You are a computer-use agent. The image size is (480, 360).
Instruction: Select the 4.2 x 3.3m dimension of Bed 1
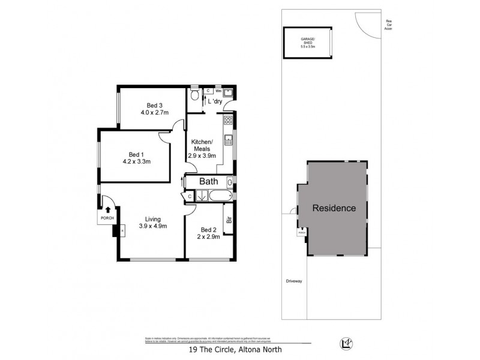coord(136,161)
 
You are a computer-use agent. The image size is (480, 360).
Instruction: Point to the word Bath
coord(208,181)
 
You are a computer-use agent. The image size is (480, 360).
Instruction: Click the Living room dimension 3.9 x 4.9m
coord(152,226)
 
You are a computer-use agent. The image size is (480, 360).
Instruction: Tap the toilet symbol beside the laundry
coord(194,96)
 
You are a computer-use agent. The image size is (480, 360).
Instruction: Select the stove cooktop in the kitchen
coord(228,121)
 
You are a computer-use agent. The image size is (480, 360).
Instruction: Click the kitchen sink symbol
coord(228,141)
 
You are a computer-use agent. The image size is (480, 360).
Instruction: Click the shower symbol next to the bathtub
coord(202,195)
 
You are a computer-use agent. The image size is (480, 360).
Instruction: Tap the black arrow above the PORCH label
coord(108,210)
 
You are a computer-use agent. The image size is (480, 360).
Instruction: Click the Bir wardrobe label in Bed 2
coord(229,220)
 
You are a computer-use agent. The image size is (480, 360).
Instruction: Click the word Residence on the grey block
coord(334,209)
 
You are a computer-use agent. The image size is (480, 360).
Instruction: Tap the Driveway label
coord(294,280)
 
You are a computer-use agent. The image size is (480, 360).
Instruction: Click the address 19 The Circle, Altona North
coord(227,349)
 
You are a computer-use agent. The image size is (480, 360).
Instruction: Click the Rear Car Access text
coord(388,24)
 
